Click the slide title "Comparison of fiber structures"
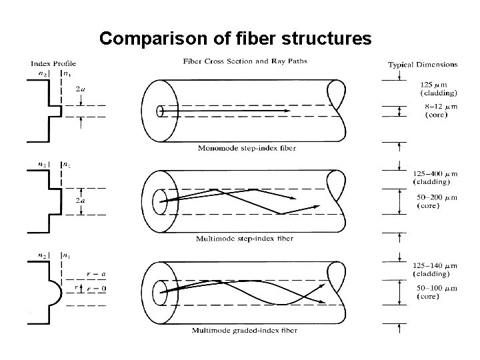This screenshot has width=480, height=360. [235, 39]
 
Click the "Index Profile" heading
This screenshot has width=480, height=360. [51, 64]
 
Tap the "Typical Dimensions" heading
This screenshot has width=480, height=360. [423, 65]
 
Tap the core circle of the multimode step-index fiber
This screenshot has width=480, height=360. [160, 201]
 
